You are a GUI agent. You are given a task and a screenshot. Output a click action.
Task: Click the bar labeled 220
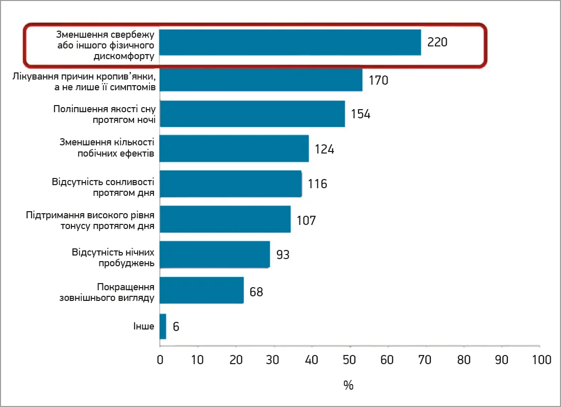tap(290, 42)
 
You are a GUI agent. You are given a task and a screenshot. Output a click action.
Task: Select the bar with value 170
tap(261, 80)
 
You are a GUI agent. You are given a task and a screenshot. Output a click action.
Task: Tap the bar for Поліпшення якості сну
tap(252, 114)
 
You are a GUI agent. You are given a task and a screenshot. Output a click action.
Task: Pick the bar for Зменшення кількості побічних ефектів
tap(234, 148)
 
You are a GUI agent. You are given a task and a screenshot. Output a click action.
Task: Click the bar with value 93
tap(215, 254)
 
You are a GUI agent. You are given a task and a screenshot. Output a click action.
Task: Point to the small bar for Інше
tap(163, 326)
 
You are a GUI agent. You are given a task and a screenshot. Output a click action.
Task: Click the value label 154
tap(360, 114)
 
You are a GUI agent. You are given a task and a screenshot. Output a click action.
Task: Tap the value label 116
tap(317, 184)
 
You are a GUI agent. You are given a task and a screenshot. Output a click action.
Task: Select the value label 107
tap(306, 221)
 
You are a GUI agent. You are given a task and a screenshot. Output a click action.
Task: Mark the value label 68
tap(256, 292)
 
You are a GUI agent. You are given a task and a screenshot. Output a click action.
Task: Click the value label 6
tap(176, 327)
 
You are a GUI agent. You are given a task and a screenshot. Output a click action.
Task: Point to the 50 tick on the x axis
tap(350, 360)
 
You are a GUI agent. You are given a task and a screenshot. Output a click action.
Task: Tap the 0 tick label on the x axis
tap(160, 360)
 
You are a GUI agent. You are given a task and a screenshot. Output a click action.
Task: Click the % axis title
tap(348, 386)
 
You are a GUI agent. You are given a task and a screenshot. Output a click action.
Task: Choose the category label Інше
tap(144, 326)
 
